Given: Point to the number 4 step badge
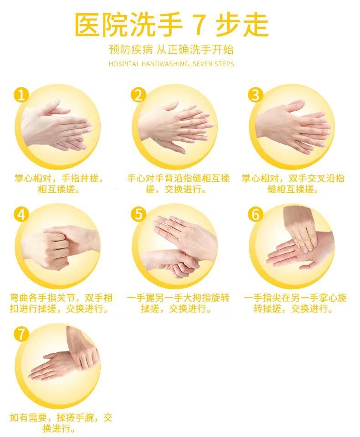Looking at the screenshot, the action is [21, 214].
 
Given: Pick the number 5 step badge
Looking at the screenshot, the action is [139, 214].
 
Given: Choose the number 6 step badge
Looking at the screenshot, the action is [256, 214].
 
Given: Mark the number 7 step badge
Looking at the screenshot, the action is [21, 334].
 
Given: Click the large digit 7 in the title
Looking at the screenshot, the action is [198, 25].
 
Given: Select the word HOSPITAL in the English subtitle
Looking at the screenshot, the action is [124, 64].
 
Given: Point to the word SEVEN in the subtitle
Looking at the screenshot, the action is [202, 64].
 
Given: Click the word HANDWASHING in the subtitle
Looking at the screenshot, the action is [165, 64].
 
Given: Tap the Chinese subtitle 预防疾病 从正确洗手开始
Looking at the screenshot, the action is [171, 50].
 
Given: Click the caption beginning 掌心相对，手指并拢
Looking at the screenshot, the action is [59, 184].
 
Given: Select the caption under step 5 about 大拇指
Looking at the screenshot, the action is [178, 303].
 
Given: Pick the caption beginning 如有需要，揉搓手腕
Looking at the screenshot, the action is [61, 423].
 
